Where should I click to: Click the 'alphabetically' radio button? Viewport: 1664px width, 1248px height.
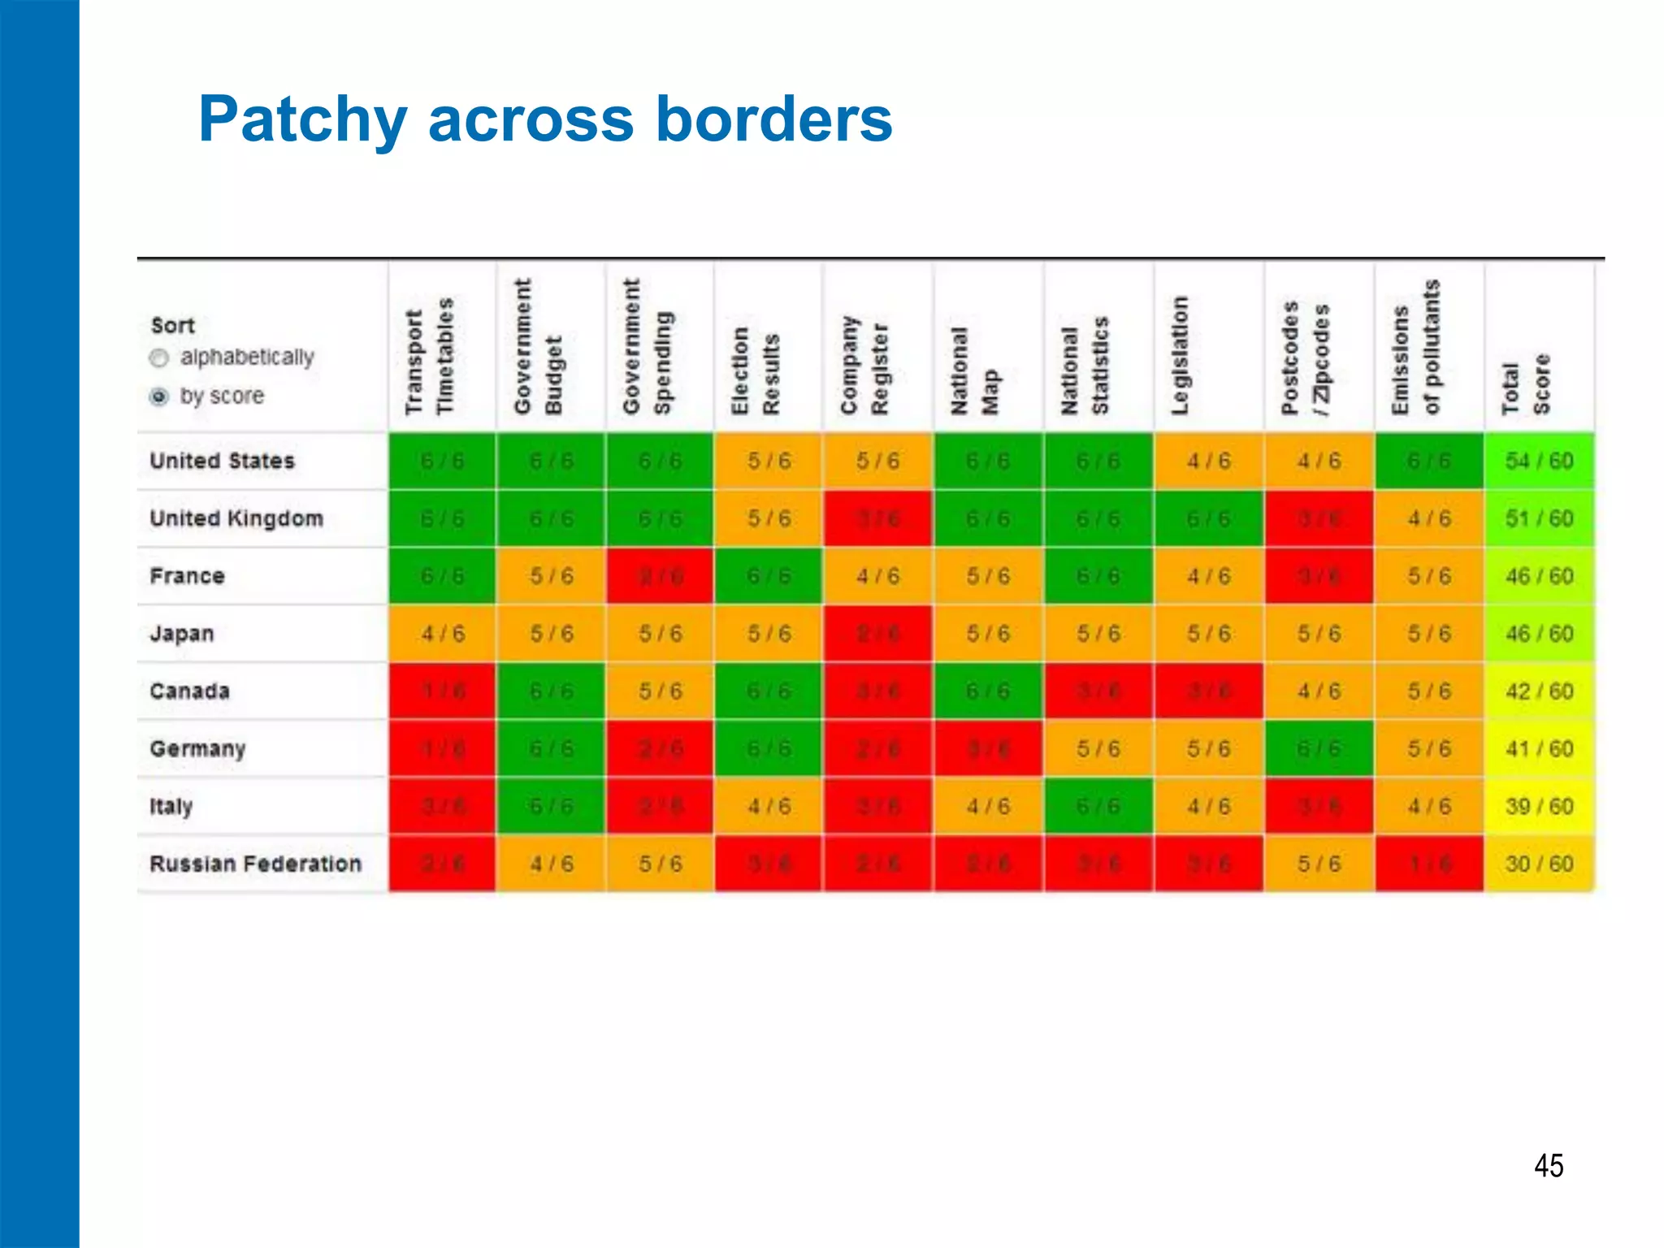click(159, 358)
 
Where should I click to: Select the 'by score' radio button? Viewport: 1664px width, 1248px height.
click(159, 396)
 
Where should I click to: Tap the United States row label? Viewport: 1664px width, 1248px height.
click(222, 461)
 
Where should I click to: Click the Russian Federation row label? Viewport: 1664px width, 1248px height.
click(255, 864)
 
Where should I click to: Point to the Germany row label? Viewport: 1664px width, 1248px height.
click(197, 748)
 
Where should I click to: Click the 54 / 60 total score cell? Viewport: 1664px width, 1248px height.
click(1539, 461)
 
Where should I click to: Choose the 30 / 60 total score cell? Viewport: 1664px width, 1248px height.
click(1539, 864)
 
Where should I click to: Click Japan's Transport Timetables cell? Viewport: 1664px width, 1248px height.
click(443, 634)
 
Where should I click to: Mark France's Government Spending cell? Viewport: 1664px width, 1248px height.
click(661, 576)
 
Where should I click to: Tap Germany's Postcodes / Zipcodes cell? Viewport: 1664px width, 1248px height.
click(1319, 748)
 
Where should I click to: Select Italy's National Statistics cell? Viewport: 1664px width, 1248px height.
click(1098, 806)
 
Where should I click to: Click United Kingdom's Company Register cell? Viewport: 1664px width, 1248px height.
click(877, 518)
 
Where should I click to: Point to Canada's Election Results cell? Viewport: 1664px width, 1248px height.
click(769, 691)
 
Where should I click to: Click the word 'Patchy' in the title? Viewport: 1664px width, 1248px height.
click(302, 120)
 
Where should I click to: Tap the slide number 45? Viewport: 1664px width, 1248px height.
click(1549, 1166)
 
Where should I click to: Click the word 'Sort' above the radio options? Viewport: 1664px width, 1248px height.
click(173, 326)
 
